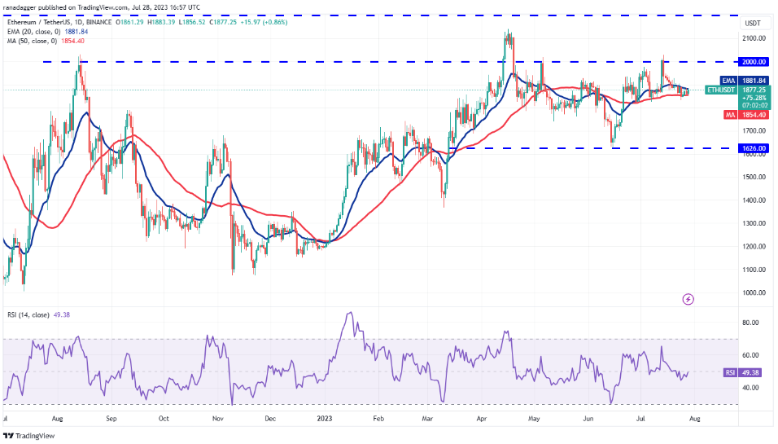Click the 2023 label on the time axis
[325, 419]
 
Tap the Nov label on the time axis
[217, 419]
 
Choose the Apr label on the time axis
[482, 419]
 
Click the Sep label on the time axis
[112, 419]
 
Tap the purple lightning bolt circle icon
[688, 300]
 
